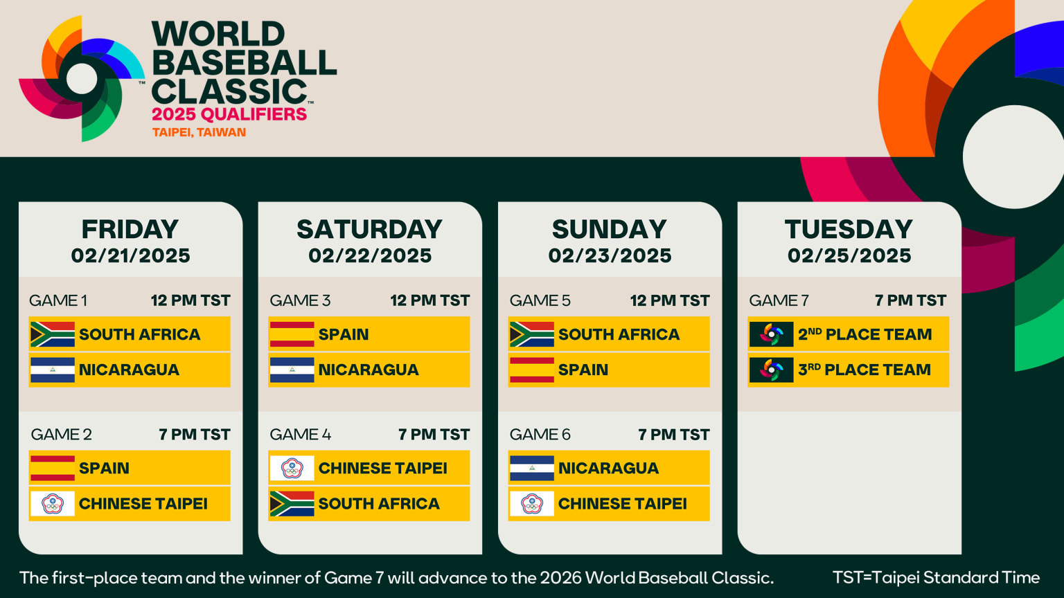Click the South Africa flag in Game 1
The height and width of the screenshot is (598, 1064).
pos(52,334)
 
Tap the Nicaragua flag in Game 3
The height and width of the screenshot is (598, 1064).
pos(292,370)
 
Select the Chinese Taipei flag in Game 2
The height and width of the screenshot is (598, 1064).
pos(52,504)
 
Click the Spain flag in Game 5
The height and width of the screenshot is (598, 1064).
pos(531,370)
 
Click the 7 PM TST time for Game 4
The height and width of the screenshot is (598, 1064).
pos(434,435)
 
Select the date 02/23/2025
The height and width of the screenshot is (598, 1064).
pos(610,256)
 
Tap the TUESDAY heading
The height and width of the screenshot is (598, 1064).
pos(849,229)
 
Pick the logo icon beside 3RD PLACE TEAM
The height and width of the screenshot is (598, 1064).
pos(771,370)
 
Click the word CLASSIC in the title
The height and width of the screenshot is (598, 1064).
pos(229,92)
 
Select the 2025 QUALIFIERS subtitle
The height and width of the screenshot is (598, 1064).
pos(229,114)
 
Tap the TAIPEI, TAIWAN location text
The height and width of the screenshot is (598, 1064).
pos(199,132)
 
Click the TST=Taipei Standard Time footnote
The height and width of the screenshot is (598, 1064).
pos(936,577)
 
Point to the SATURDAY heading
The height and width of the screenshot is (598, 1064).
pos(369,229)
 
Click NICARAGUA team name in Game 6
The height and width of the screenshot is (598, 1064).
pos(608,468)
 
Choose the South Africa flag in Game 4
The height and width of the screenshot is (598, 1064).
pos(292,504)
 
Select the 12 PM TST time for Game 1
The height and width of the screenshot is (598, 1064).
pos(190,300)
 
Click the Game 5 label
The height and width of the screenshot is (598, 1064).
pos(540,300)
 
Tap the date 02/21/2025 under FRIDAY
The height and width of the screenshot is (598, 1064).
pos(130,256)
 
